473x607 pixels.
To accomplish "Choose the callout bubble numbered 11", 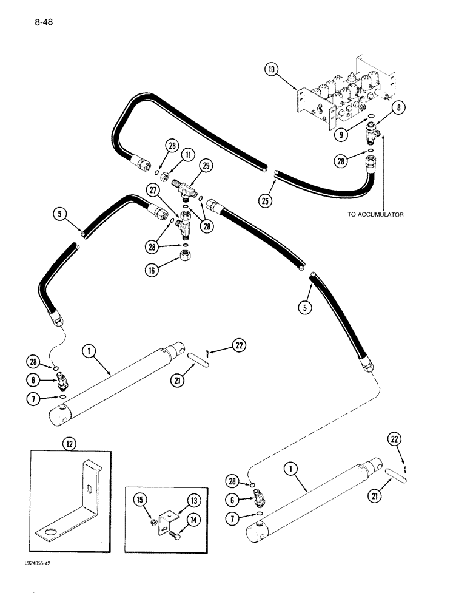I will coord(189,155).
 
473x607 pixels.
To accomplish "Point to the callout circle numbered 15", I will coord(139,499).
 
